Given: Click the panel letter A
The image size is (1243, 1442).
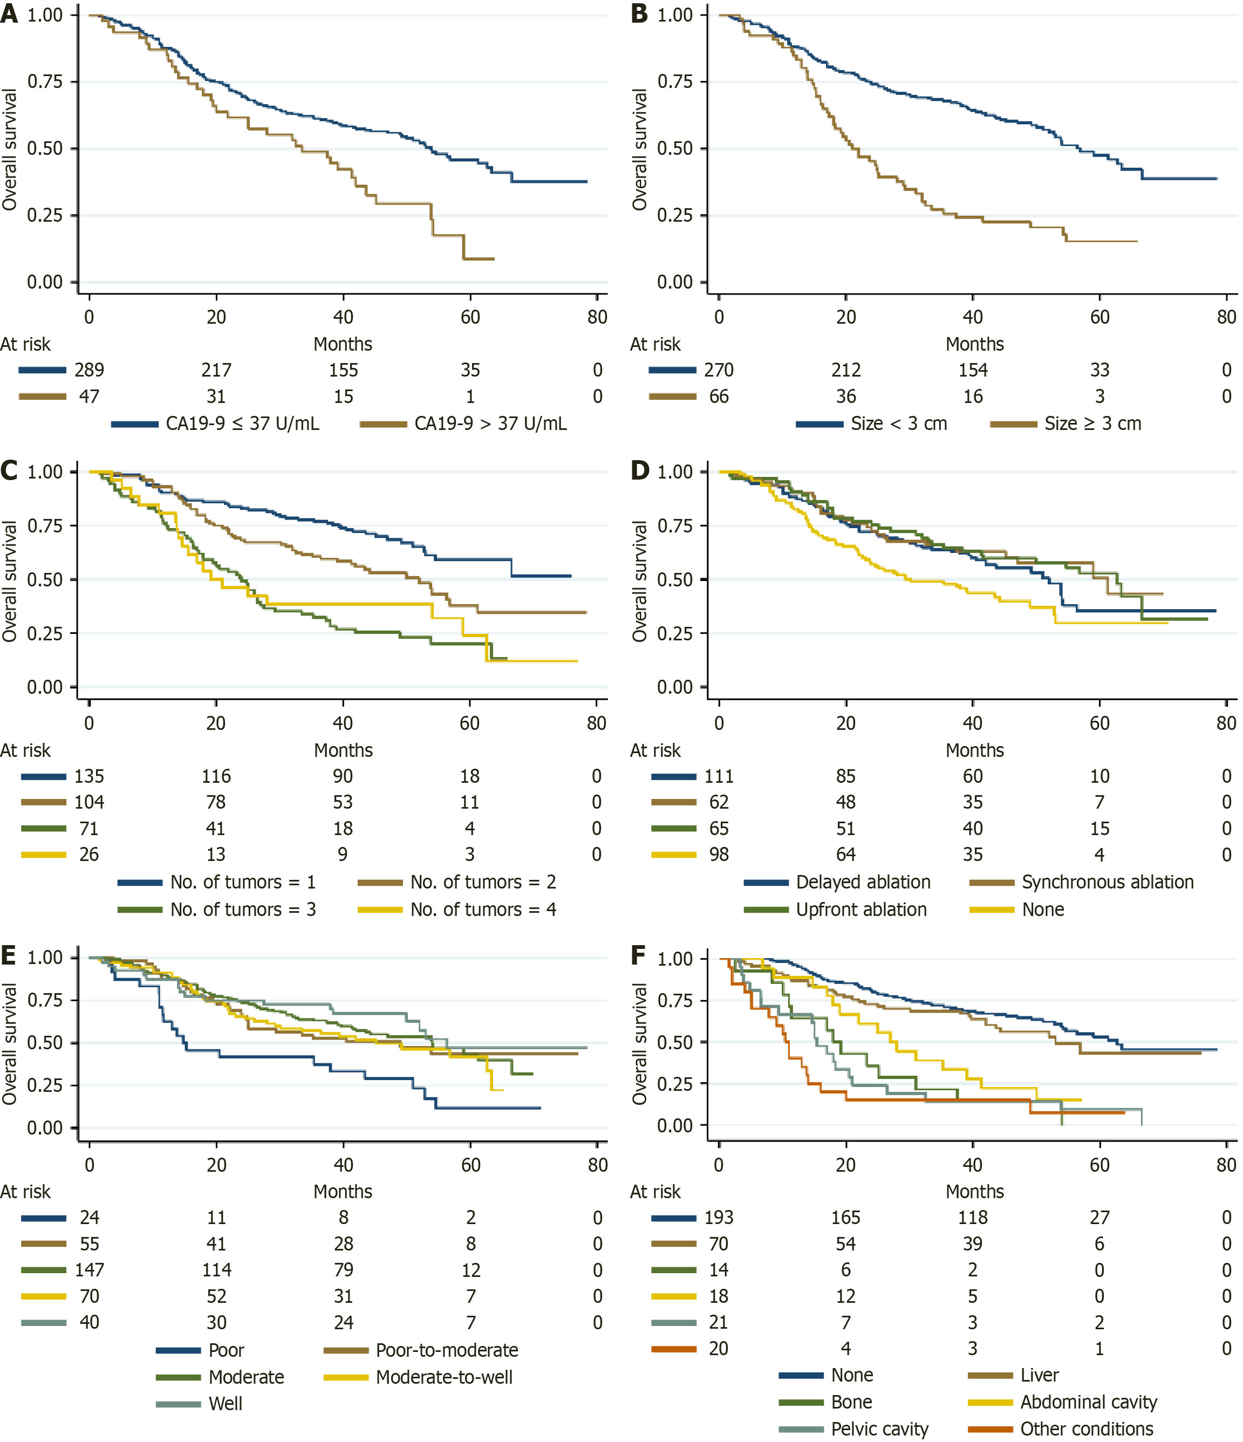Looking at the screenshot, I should click(9, 13).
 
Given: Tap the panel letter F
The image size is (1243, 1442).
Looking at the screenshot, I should click(639, 955).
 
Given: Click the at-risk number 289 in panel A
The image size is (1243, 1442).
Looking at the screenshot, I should click(89, 370).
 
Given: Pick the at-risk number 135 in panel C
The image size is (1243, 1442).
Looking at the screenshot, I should click(89, 776).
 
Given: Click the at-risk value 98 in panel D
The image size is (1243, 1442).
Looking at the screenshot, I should click(719, 854).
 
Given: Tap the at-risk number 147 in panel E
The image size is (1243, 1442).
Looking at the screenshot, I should click(89, 1270).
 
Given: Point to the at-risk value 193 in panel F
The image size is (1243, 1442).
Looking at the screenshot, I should click(719, 1217).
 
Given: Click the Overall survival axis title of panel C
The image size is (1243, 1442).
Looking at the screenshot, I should click(9, 581).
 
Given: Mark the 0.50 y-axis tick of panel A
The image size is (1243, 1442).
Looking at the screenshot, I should click(45, 148).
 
